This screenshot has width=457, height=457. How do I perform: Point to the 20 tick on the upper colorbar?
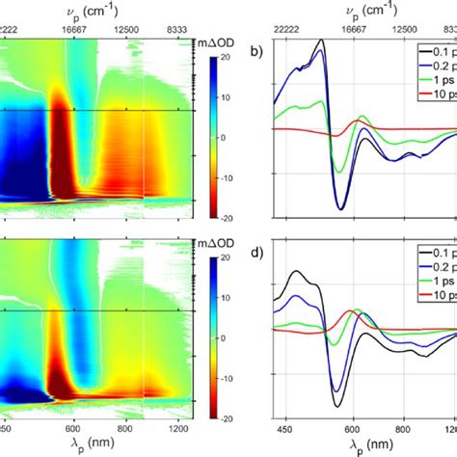[222, 56]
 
